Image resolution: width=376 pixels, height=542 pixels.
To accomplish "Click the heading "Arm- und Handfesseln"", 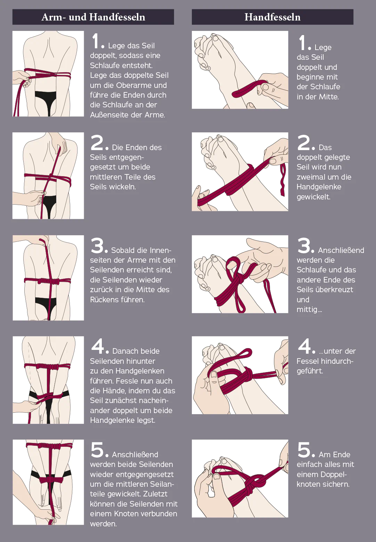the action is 93,17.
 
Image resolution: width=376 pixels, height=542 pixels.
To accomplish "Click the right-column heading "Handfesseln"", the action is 272,17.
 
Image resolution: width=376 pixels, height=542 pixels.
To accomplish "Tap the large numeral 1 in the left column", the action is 96,41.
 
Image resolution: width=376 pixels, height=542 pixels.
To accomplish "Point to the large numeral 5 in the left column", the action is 97,450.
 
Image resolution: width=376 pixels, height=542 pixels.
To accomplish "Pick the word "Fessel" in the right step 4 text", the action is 308,361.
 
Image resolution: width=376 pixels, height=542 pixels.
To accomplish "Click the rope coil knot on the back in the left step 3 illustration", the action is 48,281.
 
